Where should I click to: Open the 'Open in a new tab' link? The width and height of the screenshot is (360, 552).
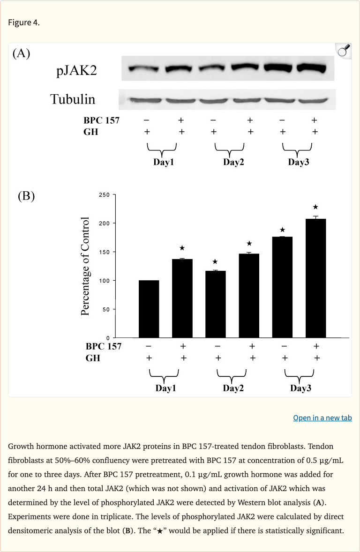322,418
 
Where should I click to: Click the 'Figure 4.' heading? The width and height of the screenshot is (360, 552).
24,23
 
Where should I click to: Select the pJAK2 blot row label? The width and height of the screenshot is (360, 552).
77,71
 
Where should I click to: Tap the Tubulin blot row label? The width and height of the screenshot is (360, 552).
73,99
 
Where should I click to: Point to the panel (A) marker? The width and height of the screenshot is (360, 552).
21,53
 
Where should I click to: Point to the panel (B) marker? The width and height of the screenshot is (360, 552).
26,196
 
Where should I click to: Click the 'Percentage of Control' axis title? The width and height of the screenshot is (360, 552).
85,266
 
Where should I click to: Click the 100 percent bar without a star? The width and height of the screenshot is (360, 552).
149,309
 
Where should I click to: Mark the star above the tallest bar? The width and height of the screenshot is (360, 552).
315,207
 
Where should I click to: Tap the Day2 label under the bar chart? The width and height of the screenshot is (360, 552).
233,388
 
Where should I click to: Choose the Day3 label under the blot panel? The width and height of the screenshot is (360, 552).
298,163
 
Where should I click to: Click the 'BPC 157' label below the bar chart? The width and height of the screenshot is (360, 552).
103,346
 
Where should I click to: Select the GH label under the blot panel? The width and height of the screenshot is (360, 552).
90,132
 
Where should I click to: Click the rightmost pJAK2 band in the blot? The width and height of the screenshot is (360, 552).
309,67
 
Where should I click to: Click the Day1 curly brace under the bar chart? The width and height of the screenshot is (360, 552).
164,375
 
